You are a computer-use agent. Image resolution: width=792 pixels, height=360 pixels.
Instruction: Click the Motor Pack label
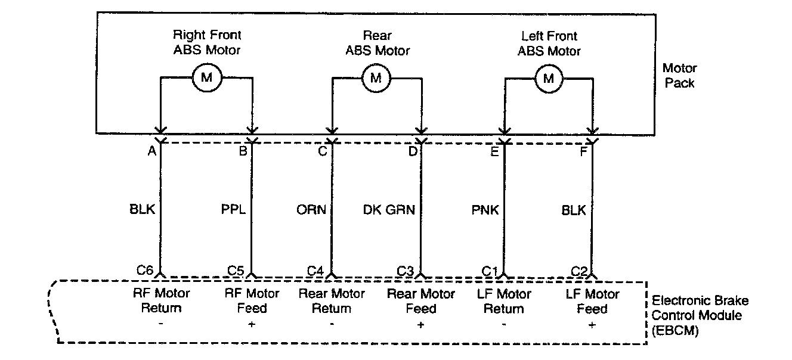pos(680,76)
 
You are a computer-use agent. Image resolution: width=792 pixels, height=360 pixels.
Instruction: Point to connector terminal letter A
pos(152,151)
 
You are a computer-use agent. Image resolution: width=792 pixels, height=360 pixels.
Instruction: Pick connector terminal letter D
pos(413,151)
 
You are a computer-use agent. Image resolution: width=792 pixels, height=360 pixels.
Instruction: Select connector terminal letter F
pos(583,151)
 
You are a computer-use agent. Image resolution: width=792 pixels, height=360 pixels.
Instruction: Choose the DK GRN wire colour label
pos(389,210)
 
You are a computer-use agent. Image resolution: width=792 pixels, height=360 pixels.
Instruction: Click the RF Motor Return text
pos(161,301)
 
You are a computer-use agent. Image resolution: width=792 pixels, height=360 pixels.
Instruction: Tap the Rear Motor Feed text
pos(421,301)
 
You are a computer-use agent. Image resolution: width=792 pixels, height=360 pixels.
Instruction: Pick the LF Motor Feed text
pos(592,301)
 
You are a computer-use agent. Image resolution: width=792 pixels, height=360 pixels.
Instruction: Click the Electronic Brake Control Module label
pos(700,315)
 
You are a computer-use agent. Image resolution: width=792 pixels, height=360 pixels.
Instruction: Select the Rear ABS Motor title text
pos(378,43)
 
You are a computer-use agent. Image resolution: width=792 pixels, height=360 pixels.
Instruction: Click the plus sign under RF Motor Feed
pos(253,324)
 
